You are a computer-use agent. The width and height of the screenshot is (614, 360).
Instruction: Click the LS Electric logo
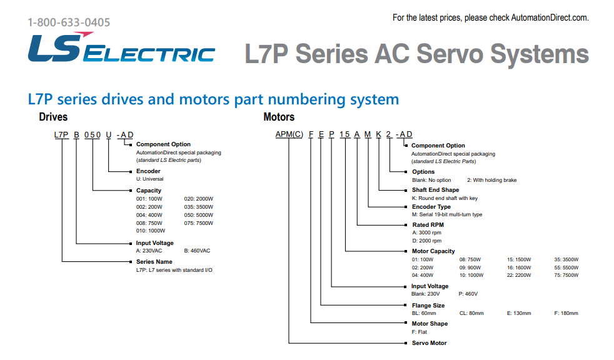click(121, 48)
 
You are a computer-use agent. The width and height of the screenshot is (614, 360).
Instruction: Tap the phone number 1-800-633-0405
click(69, 22)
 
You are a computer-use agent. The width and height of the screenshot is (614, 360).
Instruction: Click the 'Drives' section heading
click(53, 117)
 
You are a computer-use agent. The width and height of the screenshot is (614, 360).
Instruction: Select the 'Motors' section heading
click(279, 117)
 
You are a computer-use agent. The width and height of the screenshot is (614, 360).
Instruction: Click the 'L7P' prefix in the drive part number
click(61, 135)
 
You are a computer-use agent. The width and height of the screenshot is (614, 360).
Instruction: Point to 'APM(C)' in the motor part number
click(289, 135)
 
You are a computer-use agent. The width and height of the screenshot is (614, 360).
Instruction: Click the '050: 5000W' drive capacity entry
click(199, 214)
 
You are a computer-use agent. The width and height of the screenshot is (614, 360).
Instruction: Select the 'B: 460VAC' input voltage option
click(197, 251)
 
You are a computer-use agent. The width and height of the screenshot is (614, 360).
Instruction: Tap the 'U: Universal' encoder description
click(150, 179)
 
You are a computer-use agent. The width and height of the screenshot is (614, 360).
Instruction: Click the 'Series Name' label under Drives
click(154, 262)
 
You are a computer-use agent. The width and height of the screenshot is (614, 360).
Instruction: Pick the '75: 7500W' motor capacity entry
click(566, 275)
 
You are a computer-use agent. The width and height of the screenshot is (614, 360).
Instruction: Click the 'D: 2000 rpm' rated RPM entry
click(426, 240)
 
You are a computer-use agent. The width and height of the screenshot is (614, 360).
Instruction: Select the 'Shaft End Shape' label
click(435, 190)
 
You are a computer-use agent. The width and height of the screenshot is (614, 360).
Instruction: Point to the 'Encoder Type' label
click(431, 207)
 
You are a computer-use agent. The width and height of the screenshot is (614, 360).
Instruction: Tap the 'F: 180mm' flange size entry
click(566, 313)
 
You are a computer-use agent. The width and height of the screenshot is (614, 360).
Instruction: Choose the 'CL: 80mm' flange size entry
click(471, 313)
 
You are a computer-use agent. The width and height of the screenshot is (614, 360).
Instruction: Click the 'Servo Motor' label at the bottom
click(429, 342)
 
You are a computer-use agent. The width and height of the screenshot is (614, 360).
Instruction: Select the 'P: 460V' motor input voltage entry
click(468, 294)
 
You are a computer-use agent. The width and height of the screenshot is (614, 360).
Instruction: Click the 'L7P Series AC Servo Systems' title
click(416, 54)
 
